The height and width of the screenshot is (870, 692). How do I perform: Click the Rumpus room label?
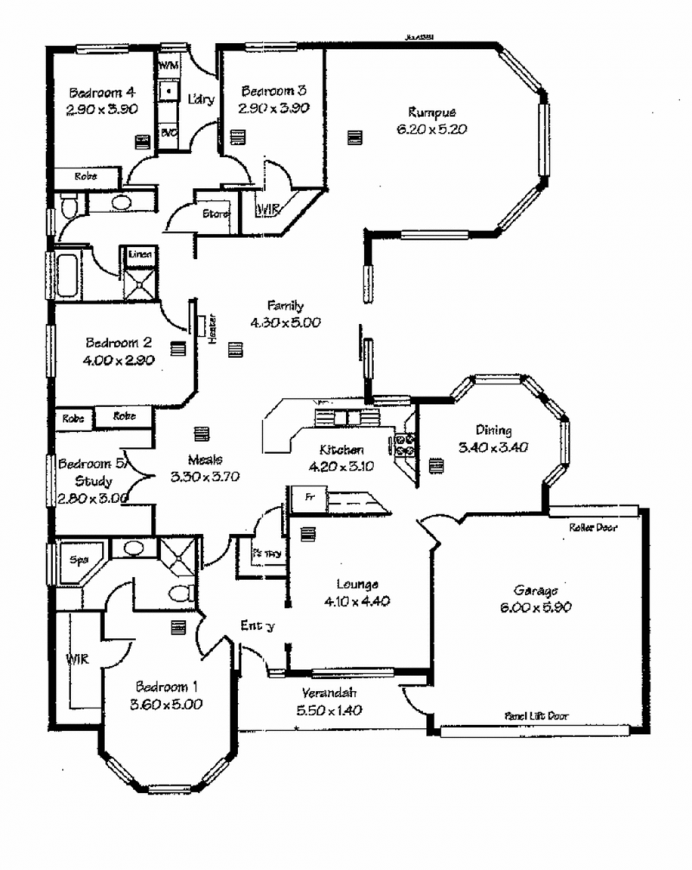tap(432, 112)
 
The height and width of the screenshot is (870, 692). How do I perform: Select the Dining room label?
tap(493, 430)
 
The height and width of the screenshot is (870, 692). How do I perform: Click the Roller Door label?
tap(593, 527)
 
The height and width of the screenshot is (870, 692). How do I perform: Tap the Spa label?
tap(79, 559)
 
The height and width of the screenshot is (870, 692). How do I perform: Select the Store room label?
tap(215, 213)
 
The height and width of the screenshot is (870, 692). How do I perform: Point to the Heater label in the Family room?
tap(210, 329)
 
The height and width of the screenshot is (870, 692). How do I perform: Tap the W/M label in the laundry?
tap(168, 65)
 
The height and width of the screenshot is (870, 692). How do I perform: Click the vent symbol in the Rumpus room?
tap(352, 137)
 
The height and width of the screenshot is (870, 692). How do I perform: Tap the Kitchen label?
tap(342, 450)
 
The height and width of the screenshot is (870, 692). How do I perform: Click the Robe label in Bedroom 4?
tap(85, 176)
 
